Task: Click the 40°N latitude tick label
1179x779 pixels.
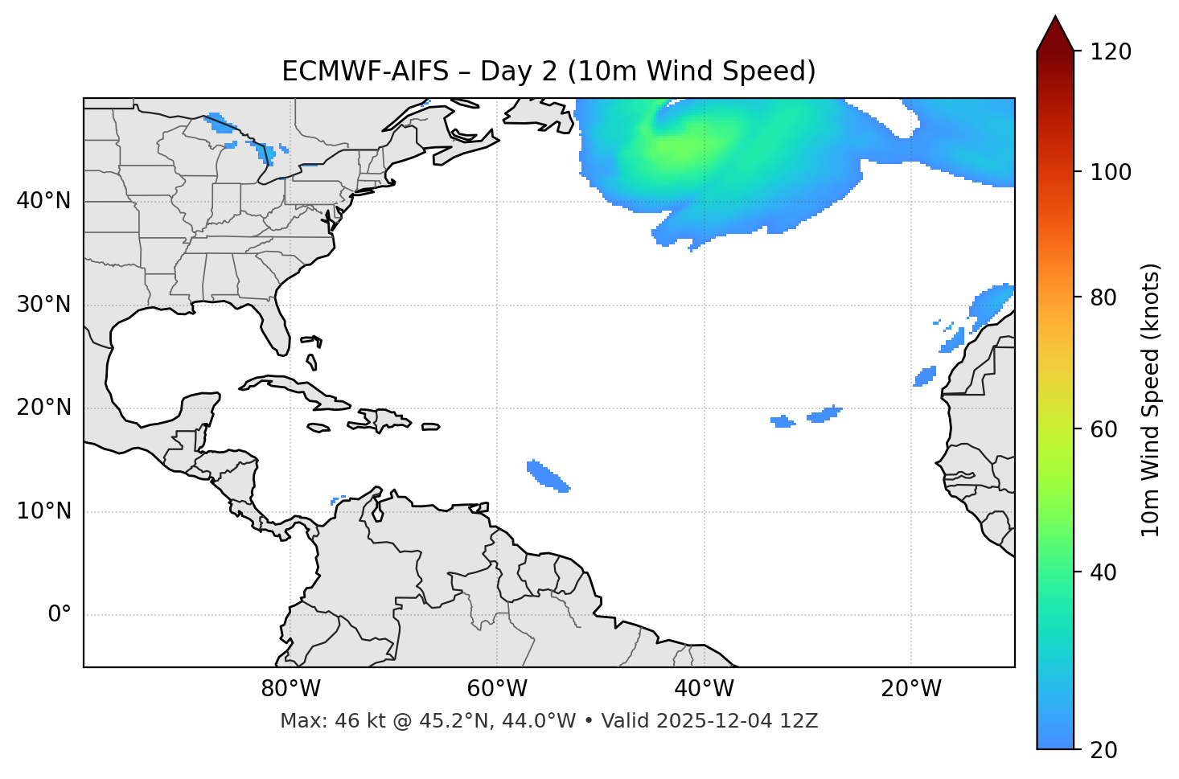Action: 43,201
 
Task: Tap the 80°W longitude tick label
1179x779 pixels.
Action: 290,689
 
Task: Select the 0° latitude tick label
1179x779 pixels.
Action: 59,615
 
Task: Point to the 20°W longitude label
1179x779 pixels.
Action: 910,689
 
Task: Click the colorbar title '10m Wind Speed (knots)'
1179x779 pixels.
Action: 1151,400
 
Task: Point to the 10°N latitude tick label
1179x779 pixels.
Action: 43,511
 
